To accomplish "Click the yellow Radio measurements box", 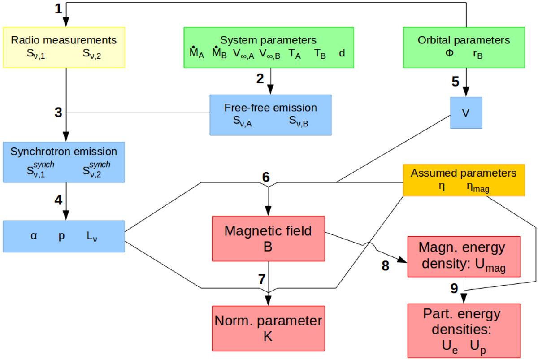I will (x=64, y=48).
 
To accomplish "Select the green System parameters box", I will (x=269, y=47).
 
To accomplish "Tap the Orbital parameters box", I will (x=464, y=47).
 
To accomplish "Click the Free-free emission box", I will (x=270, y=114).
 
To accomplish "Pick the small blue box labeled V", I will (x=466, y=113).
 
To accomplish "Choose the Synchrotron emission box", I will (x=64, y=162).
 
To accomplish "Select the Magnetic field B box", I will (x=268, y=238).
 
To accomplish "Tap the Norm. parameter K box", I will (x=268, y=329).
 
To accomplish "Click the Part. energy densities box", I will (x=464, y=330).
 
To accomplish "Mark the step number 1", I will (x=59, y=9).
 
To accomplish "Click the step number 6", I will (x=266, y=176).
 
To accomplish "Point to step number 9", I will (x=454, y=289).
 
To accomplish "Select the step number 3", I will (x=58, y=112).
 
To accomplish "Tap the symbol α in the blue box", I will (x=34, y=236).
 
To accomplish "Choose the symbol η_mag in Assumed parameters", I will (x=477, y=188).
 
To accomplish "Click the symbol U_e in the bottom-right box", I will (x=447, y=346).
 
